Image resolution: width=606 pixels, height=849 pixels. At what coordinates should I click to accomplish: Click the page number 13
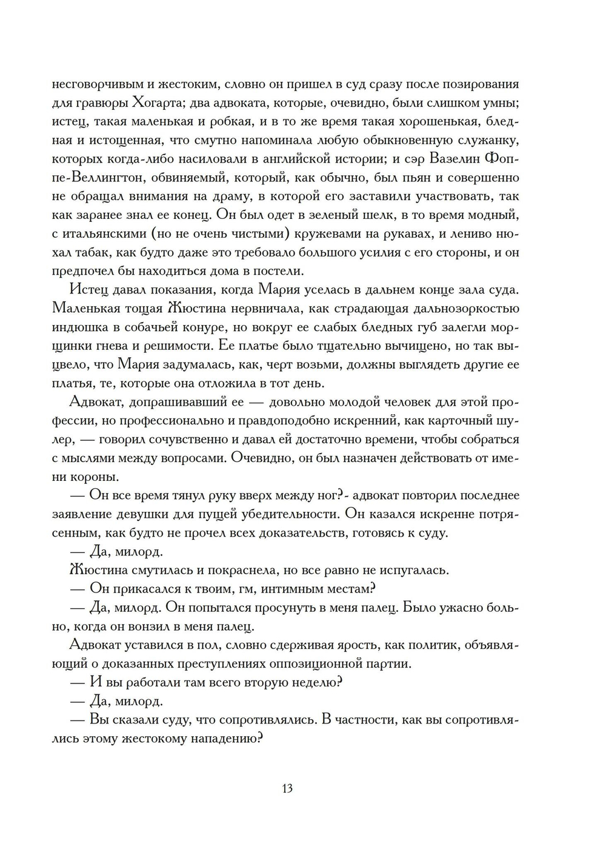tap(287, 788)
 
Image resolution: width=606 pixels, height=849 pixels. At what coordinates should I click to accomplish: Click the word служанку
tap(485, 140)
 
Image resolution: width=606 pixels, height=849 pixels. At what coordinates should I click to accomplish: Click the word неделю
tap(313, 682)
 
